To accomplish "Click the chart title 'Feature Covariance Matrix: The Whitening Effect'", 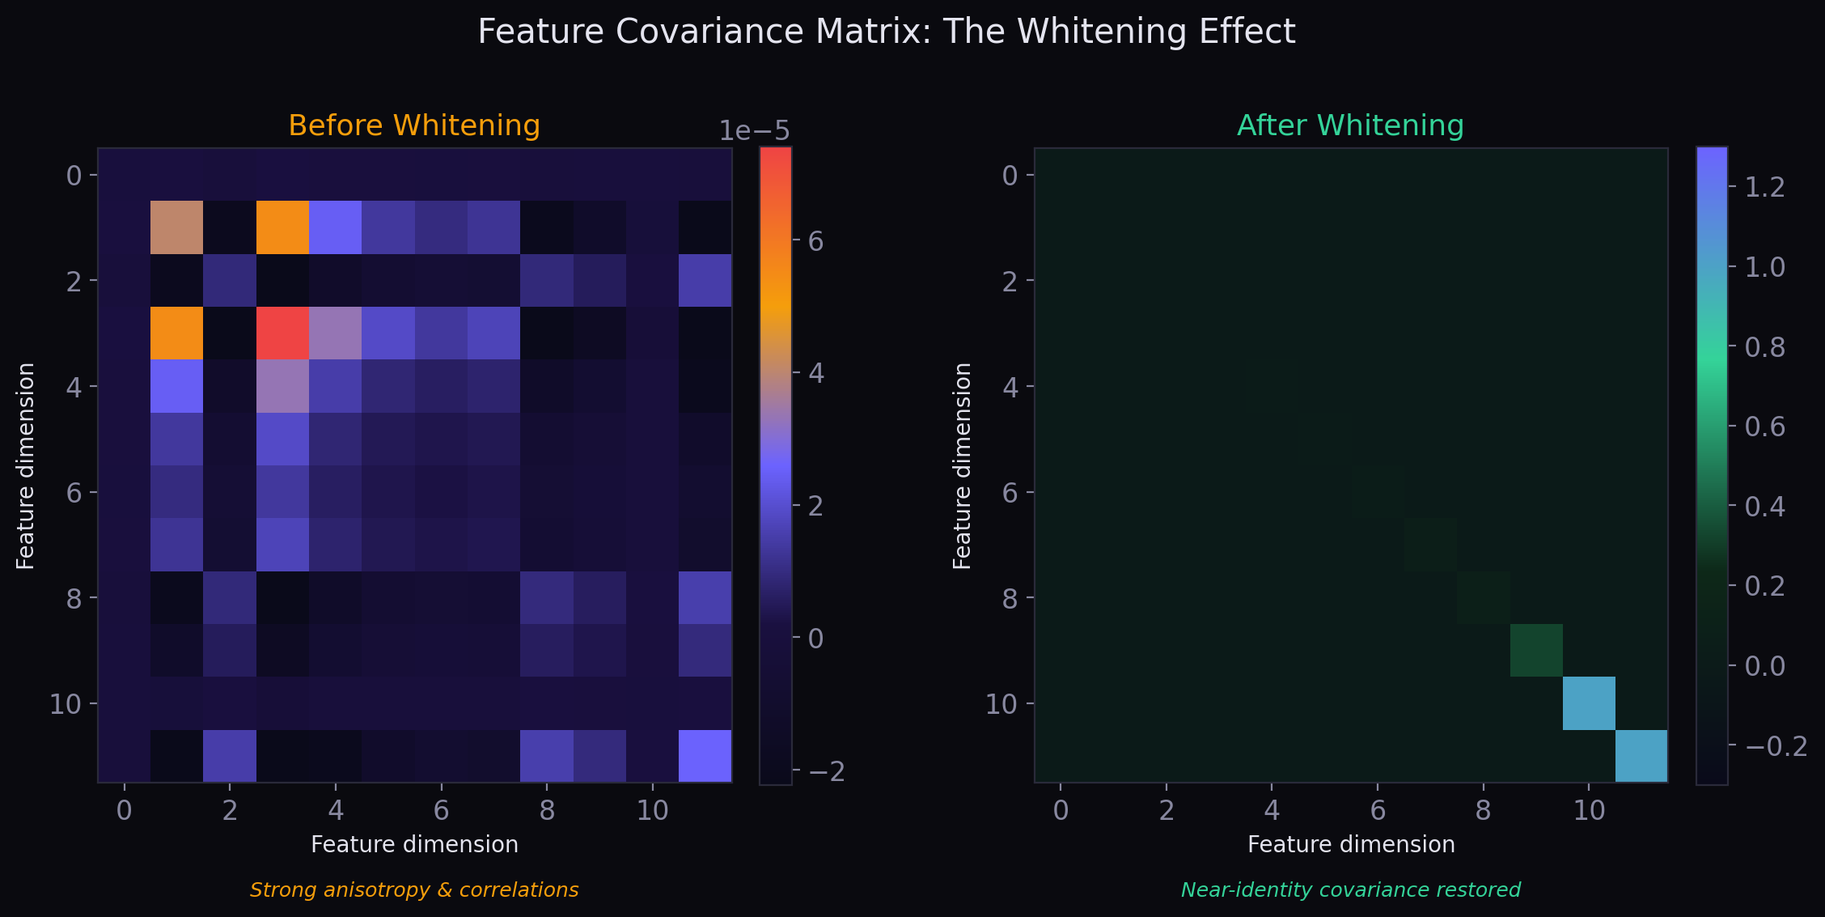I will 886,32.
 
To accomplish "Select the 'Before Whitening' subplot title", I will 413,125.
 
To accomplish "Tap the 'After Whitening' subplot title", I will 1350,125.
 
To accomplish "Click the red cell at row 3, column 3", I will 282,333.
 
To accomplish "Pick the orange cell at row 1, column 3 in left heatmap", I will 282,227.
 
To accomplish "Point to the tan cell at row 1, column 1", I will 176,227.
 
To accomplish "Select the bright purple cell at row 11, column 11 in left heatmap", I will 705,756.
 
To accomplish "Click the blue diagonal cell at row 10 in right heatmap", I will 1589,703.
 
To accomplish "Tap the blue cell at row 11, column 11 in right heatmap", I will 1641,756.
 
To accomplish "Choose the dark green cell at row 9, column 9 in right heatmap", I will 1536,650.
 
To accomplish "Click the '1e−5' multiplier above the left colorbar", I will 754,131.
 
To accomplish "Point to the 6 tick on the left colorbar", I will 815,241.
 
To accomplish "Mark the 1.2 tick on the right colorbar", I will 1764,187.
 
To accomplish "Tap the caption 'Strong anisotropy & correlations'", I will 413,890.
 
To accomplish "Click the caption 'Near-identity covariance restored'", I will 1350,890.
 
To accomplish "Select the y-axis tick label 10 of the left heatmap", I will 66,704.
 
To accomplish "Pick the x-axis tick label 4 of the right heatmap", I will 1272,810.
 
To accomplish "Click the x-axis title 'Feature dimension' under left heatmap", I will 413,845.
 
